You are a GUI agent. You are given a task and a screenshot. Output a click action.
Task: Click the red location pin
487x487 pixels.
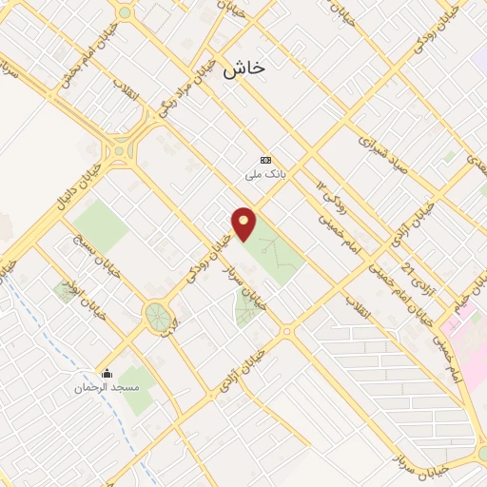pyautogui.click(x=245, y=224)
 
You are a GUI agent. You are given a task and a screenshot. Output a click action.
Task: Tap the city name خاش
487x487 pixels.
pyautogui.click(x=243, y=69)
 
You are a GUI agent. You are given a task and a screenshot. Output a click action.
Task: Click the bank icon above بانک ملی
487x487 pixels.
pyautogui.click(x=265, y=160)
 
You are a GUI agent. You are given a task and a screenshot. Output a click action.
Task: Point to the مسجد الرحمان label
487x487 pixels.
pyautogui.click(x=107, y=388)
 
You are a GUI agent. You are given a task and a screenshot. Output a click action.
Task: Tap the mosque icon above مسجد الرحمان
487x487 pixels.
pyautogui.click(x=107, y=373)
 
